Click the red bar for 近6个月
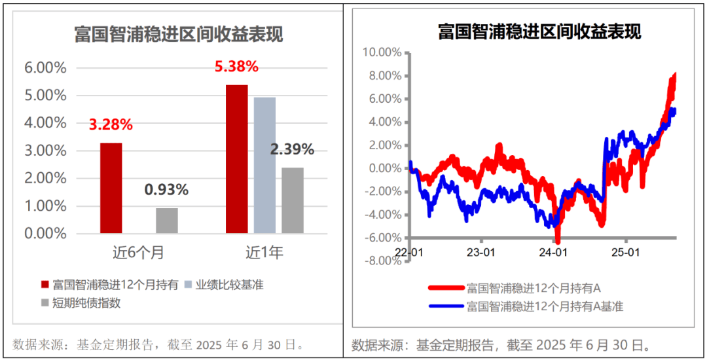(111, 188)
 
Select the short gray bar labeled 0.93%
(166, 221)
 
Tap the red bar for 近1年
(236, 159)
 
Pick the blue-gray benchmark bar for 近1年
(264, 165)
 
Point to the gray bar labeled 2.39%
(293, 200)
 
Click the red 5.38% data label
(236, 66)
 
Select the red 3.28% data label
(111, 124)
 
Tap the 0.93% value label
(166, 190)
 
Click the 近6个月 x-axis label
(138, 252)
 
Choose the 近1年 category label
(264, 252)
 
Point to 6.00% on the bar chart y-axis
(45, 67)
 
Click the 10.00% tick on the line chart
(382, 52)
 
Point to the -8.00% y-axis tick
(382, 261)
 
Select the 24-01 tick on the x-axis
(553, 251)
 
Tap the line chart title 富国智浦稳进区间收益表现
(539, 31)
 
